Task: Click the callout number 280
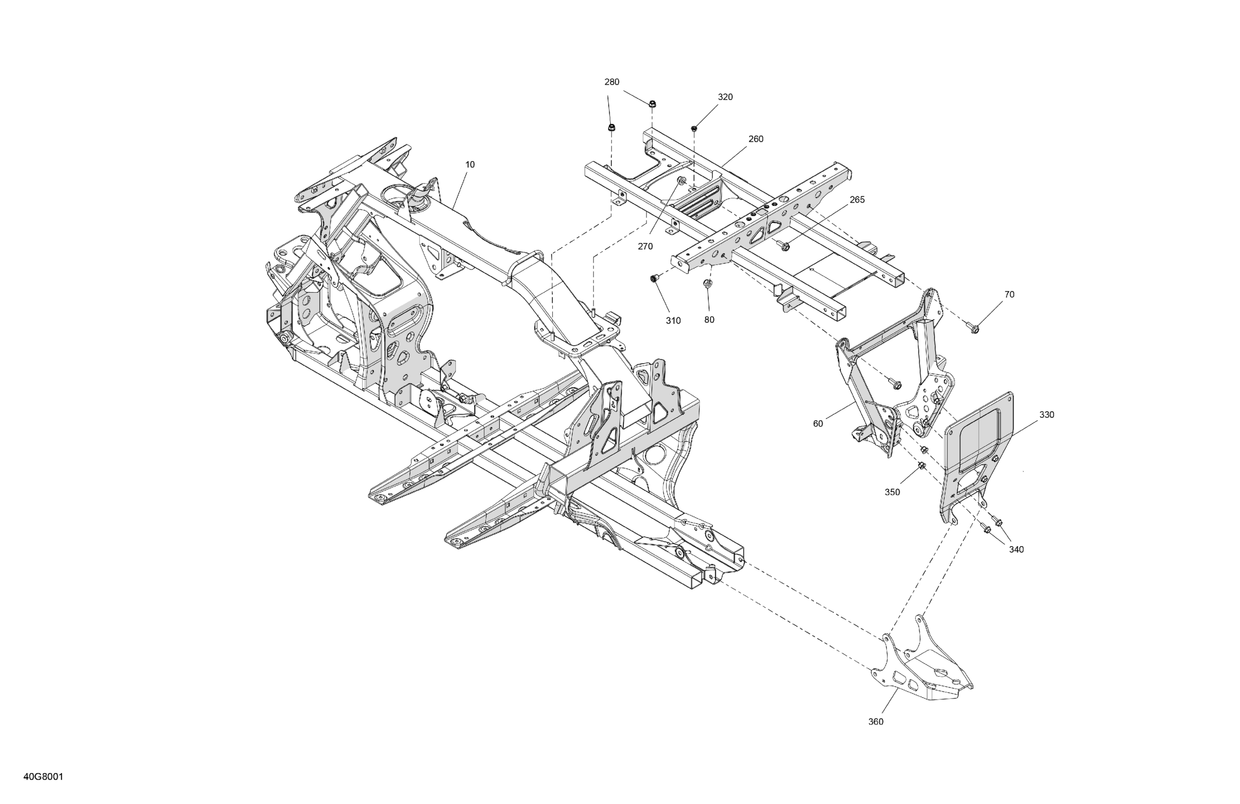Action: [x=611, y=82]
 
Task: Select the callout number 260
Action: [x=755, y=139]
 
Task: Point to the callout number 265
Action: [x=856, y=200]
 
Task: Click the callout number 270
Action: [x=645, y=246]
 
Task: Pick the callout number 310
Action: [x=672, y=321]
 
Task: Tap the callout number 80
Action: [x=709, y=320]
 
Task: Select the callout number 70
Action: [x=1009, y=294]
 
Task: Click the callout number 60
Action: [x=818, y=424]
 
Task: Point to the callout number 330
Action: [x=1046, y=415]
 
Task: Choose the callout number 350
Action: [x=892, y=492]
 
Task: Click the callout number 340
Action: [x=1016, y=549]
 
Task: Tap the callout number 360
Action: [x=875, y=722]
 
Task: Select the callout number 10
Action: [x=470, y=165]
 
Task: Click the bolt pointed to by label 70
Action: [x=973, y=328]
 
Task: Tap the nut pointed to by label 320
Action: [x=694, y=128]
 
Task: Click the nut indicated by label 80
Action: [x=707, y=283]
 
